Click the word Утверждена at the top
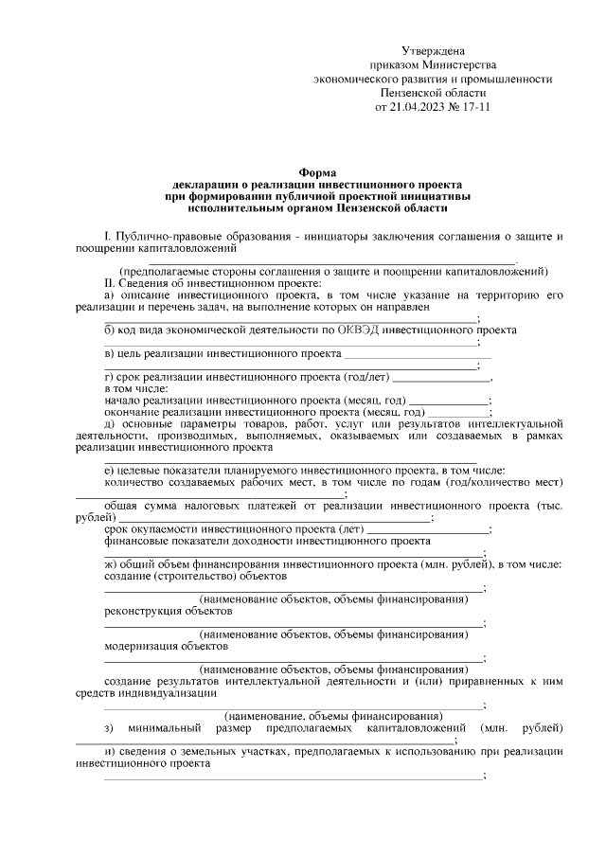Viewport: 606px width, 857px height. [434, 50]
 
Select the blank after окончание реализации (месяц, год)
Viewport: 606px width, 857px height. [459, 412]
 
